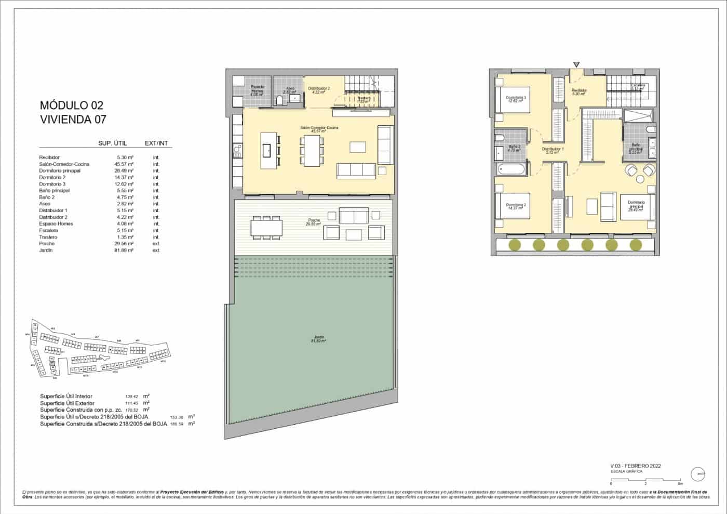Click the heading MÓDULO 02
[x=71, y=106]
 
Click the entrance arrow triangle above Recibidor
[x=576, y=64]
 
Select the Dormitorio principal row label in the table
[x=60, y=170]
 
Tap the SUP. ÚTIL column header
[x=113, y=143]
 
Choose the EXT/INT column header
[x=156, y=143]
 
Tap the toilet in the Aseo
[x=279, y=100]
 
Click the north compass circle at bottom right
[x=698, y=474]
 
